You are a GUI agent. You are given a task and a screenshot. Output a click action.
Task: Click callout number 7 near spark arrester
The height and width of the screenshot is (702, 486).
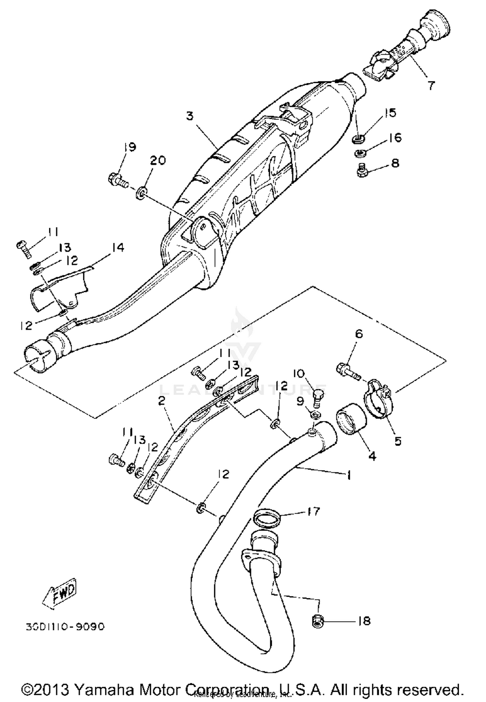(x=431, y=86)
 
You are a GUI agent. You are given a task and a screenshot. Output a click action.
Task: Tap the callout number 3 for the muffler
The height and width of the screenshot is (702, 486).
(x=190, y=116)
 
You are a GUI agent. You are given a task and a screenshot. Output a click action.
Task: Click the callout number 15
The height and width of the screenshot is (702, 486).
(x=390, y=113)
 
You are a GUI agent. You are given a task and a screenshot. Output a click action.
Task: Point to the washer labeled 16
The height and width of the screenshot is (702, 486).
(x=359, y=152)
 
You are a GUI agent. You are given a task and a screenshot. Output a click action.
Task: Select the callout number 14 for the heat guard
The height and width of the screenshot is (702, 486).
(x=118, y=248)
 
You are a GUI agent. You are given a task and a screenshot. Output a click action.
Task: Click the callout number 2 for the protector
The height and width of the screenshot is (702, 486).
(x=161, y=401)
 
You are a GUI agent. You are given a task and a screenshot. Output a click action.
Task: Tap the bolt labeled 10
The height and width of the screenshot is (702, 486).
(x=319, y=395)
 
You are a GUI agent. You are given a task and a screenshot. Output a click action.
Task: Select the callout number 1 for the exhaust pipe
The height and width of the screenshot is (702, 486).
(x=349, y=475)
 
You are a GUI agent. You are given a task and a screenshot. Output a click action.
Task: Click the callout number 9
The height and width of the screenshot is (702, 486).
(x=301, y=402)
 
